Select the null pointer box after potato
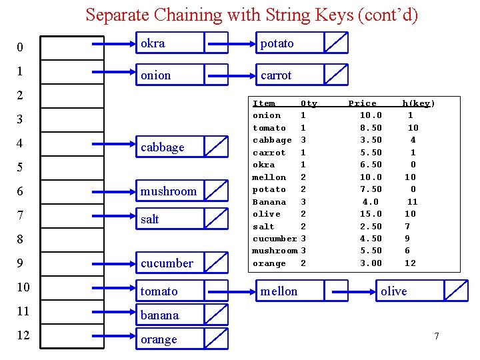click(x=336, y=43)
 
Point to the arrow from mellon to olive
click(x=351, y=291)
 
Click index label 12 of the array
click(x=23, y=335)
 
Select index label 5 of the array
click(x=20, y=167)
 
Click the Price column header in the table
click(x=363, y=103)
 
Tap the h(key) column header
click(x=418, y=103)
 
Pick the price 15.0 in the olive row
click(x=371, y=214)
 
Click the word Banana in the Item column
click(x=269, y=202)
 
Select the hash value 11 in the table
click(x=413, y=202)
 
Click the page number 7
click(x=437, y=335)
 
